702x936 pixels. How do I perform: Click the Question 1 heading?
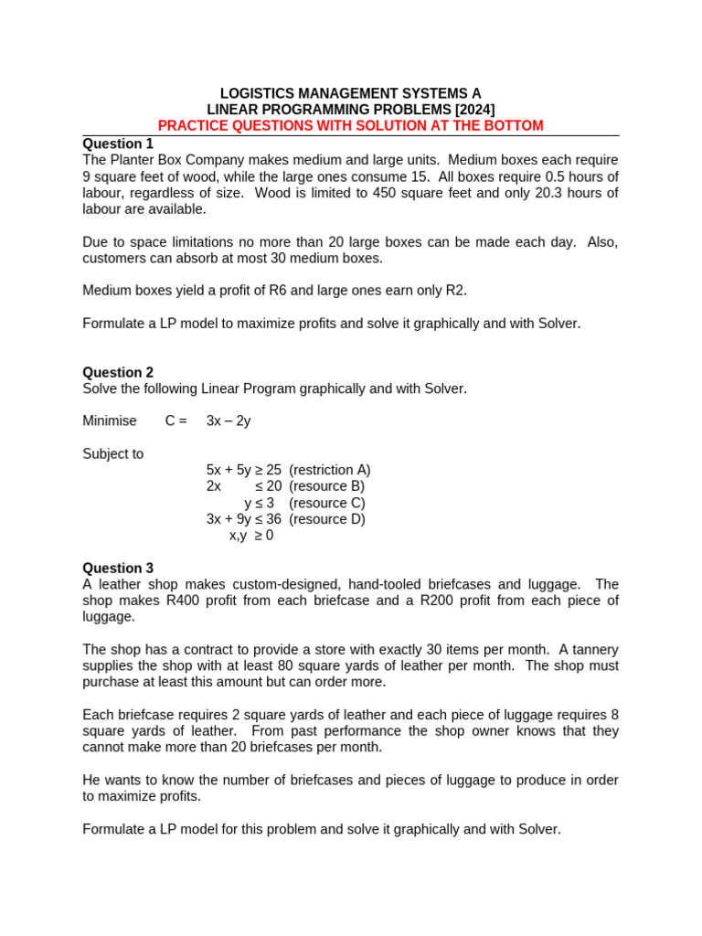click(x=118, y=144)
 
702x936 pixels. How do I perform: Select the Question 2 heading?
click(x=118, y=372)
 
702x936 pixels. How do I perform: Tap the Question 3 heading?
click(x=118, y=568)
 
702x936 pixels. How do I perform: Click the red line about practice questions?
click(x=350, y=125)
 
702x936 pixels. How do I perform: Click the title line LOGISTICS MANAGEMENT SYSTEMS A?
click(x=350, y=93)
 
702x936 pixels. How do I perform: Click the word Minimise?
click(x=110, y=420)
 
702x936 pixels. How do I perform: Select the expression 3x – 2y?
click(x=229, y=420)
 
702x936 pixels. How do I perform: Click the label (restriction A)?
click(x=329, y=470)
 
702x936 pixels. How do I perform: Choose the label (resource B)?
click(x=326, y=486)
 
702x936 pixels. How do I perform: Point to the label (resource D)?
click(x=326, y=519)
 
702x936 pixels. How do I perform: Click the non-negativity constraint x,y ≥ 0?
click(x=251, y=536)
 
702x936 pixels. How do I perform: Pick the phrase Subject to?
click(x=113, y=453)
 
